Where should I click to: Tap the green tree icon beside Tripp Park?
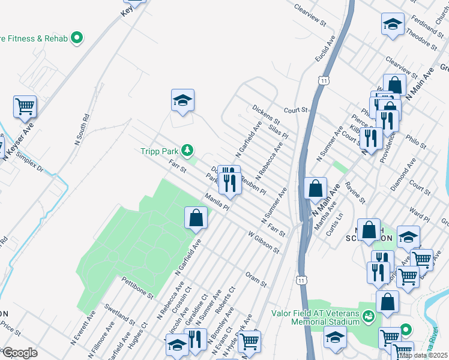pyautogui.click(x=188, y=149)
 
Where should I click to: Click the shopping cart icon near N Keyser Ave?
pyautogui.click(x=25, y=107)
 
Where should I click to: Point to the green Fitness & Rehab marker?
pyautogui.click(x=77, y=38)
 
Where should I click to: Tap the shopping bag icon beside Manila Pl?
pyautogui.click(x=196, y=218)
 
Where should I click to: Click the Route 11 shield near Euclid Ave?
pyautogui.click(x=324, y=80)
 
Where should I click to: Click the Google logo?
pyautogui.click(x=20, y=353)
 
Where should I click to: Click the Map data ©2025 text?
pyautogui.click(x=423, y=355)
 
